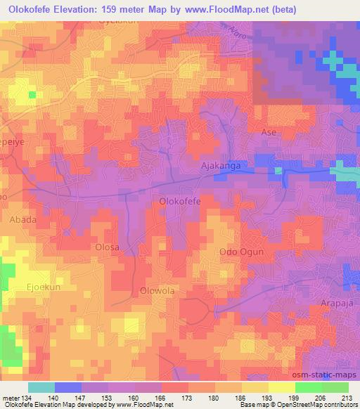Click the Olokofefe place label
point(181,202)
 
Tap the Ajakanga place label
point(221,166)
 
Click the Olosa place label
point(108,247)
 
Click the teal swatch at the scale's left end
point(41,387)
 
